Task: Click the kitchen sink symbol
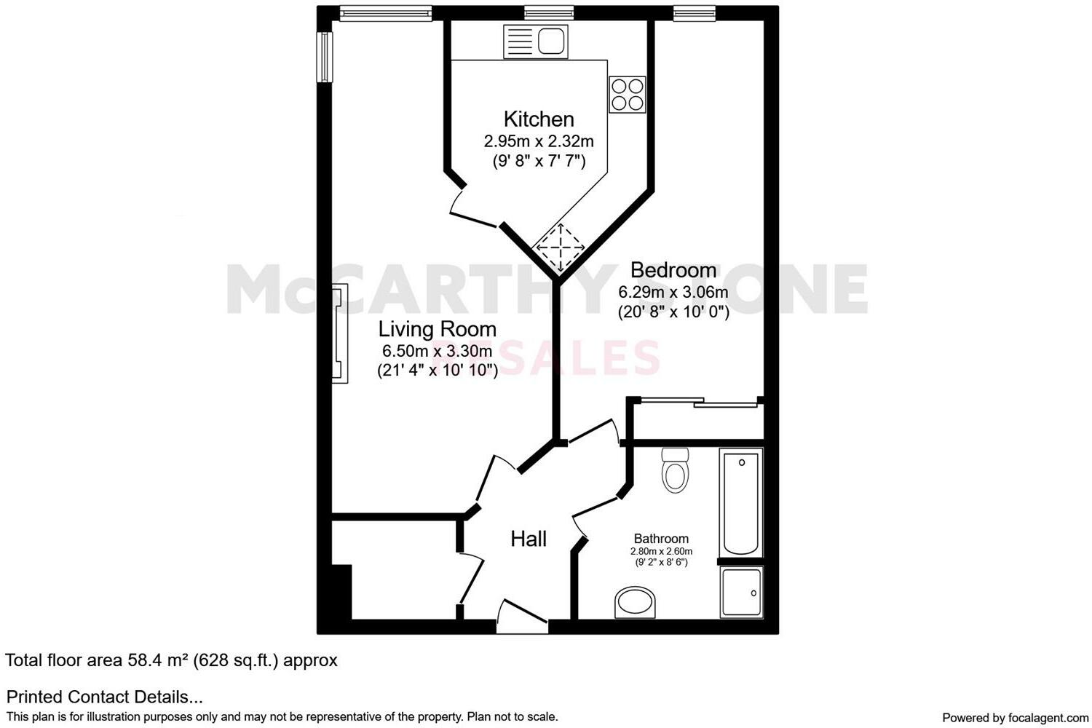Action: click(x=535, y=41)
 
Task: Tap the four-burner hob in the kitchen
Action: click(x=628, y=94)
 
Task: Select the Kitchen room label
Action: click(x=539, y=119)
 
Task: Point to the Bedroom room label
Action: click(x=673, y=270)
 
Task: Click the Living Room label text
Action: click(x=437, y=330)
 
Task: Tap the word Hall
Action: click(x=529, y=539)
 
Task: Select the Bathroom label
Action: click(x=661, y=539)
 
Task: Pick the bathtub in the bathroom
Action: click(x=741, y=502)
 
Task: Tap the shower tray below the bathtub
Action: click(x=741, y=593)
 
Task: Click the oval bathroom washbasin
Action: click(x=636, y=603)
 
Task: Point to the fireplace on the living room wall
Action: click(x=340, y=333)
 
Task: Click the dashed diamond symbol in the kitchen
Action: click(x=561, y=247)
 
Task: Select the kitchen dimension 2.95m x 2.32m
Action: click(x=539, y=141)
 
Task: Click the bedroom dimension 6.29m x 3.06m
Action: click(x=673, y=293)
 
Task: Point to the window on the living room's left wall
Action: click(x=325, y=56)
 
